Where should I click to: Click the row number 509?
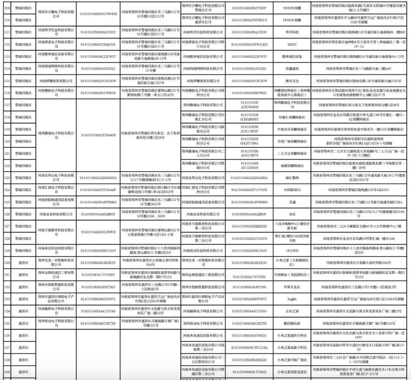coord(6,8)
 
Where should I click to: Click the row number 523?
coord(6,178)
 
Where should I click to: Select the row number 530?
coord(6,262)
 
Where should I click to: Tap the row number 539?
coord(6,372)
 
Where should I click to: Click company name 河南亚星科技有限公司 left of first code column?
coord(56,214)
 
